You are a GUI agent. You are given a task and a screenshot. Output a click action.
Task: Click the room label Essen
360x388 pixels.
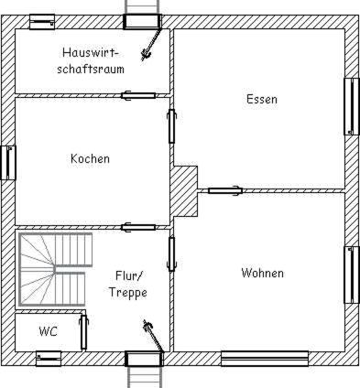(262, 99)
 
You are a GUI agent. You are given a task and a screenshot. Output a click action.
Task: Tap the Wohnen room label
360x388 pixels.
(262, 273)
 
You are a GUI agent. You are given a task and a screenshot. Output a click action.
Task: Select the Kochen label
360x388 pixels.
(90, 158)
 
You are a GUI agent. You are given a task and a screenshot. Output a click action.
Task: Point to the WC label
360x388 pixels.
(49, 331)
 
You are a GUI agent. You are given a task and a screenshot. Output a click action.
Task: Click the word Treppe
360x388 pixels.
(128, 293)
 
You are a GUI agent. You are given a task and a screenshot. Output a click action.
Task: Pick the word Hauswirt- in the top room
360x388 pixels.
(91, 52)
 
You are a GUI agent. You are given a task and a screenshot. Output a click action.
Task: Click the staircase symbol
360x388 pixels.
(55, 270)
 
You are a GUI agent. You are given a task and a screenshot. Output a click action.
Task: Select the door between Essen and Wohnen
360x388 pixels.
(225, 190)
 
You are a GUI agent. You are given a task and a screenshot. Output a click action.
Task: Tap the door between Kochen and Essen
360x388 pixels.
(172, 126)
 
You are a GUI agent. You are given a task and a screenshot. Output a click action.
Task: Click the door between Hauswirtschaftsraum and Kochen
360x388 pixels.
(138, 96)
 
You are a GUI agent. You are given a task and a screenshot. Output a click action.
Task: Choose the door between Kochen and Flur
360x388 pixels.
(138, 227)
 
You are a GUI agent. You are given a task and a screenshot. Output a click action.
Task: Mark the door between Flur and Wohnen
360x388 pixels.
(172, 253)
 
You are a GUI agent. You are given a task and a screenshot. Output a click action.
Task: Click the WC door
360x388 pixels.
(83, 332)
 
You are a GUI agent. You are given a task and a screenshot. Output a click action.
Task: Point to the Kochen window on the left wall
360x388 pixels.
(8, 163)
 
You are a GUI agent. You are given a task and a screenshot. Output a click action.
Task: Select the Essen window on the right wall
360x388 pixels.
(352, 106)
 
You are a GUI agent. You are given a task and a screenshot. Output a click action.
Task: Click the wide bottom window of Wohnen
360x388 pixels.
(265, 359)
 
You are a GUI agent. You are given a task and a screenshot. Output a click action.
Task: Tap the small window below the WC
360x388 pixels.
(49, 359)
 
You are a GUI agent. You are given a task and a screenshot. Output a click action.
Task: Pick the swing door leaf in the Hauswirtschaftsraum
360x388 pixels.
(152, 44)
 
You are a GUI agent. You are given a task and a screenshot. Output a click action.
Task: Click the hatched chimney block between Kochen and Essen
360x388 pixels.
(183, 191)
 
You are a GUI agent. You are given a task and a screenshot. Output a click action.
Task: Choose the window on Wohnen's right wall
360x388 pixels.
(352, 275)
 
